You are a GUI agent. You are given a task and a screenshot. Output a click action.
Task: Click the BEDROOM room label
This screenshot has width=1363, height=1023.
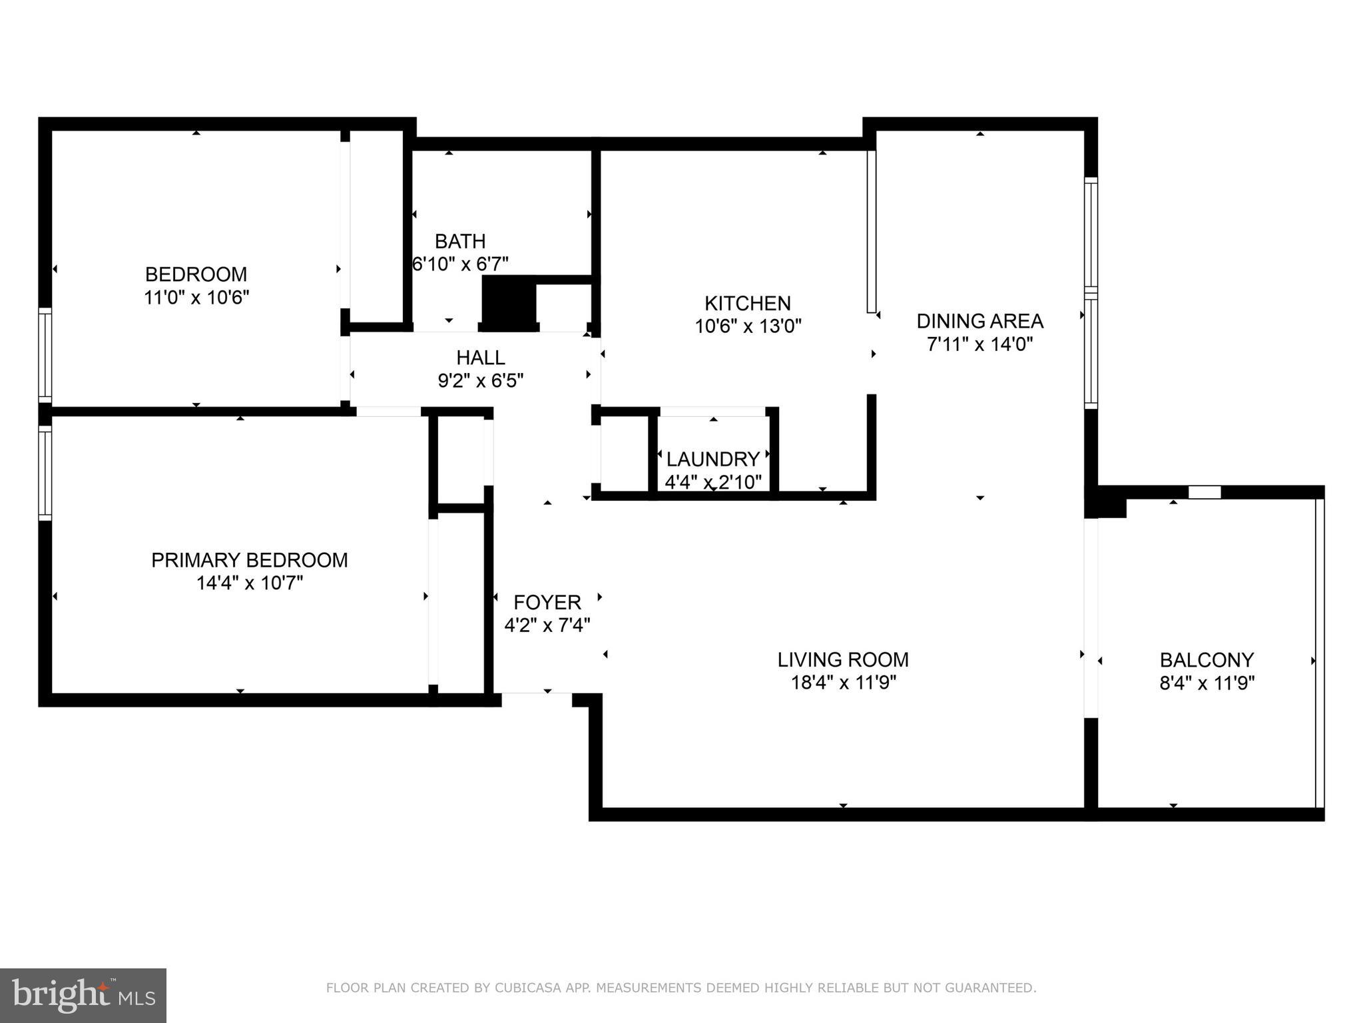(x=196, y=274)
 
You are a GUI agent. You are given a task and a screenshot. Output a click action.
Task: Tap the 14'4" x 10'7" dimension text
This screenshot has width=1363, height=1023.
(x=250, y=583)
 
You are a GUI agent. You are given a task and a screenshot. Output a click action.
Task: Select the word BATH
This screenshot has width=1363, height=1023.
(x=460, y=241)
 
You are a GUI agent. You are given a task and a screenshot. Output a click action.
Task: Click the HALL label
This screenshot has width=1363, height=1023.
(x=480, y=358)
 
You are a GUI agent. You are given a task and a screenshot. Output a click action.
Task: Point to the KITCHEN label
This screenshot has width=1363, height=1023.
(x=748, y=304)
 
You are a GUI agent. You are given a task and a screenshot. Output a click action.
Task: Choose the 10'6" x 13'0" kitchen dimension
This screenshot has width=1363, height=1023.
(x=748, y=326)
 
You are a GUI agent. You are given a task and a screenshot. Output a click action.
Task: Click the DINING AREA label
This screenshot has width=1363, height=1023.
(x=979, y=321)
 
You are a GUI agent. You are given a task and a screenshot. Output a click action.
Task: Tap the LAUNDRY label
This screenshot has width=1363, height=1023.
(x=713, y=459)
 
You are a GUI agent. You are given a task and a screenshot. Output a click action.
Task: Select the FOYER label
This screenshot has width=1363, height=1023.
(x=547, y=602)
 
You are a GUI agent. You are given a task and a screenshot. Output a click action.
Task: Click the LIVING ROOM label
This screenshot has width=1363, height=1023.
(x=843, y=659)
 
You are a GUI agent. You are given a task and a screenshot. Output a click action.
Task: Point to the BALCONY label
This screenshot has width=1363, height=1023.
(x=1207, y=660)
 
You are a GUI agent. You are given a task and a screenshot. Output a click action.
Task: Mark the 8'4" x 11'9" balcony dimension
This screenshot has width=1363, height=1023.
(x=1207, y=683)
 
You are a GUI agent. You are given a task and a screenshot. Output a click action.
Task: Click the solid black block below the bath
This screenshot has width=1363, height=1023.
(x=509, y=303)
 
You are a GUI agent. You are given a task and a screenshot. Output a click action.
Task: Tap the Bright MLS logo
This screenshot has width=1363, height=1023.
(x=83, y=995)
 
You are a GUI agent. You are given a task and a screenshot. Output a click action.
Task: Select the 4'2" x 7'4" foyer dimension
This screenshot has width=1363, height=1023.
(x=547, y=625)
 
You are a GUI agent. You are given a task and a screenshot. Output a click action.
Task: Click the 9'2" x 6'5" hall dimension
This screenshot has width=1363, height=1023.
(x=480, y=381)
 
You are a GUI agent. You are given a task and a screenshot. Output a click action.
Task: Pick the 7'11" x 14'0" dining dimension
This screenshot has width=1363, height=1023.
(x=979, y=344)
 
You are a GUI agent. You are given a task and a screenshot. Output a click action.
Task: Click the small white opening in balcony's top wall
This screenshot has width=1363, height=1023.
(x=1205, y=492)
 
